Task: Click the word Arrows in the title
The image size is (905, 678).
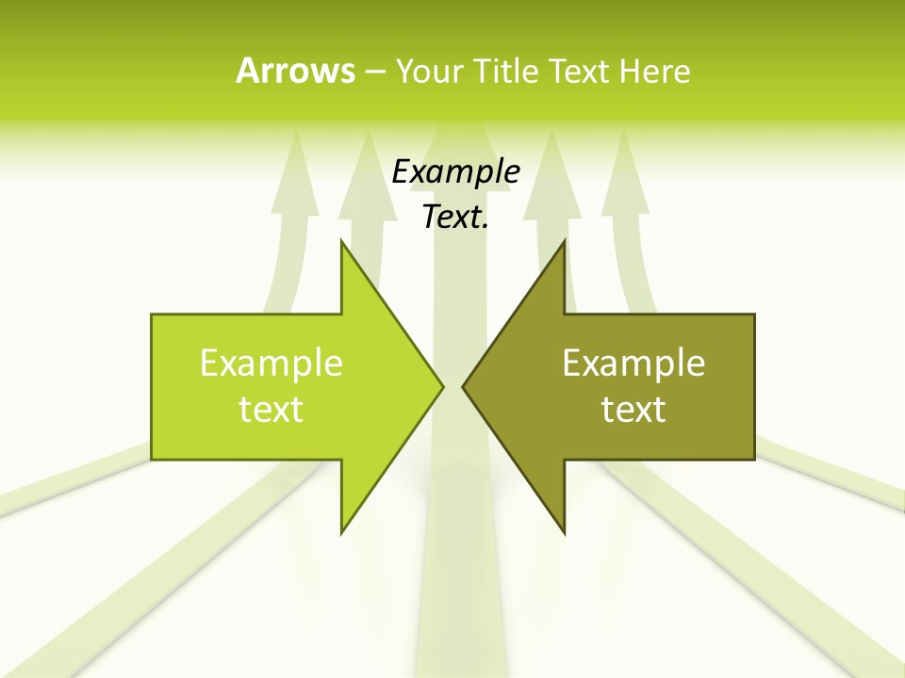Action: coord(295,71)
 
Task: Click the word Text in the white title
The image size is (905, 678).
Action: coord(579,71)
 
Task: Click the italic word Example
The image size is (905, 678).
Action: coord(455,172)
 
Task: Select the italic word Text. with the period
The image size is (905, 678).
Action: coord(455,218)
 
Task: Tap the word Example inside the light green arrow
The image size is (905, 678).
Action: coord(271,363)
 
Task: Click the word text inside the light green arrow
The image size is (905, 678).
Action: coord(271,409)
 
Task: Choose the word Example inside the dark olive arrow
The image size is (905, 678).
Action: coord(633,363)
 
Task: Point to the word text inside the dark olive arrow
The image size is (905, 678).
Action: coord(633,409)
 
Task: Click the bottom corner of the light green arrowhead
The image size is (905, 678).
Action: coord(342,531)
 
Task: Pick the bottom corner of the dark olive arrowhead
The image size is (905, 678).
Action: coord(564,531)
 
